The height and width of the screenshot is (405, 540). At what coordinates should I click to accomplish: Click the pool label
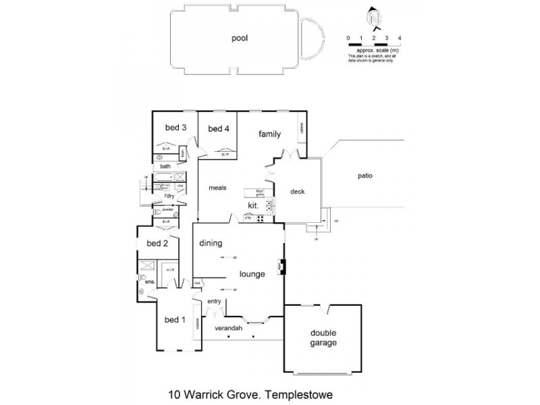tap(240, 38)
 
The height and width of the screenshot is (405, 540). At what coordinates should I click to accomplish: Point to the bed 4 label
tap(219, 129)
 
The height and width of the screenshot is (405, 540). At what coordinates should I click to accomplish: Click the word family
tap(269, 134)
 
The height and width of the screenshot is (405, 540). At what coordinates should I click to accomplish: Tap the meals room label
tap(217, 188)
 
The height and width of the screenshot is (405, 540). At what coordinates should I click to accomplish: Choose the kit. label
tap(253, 205)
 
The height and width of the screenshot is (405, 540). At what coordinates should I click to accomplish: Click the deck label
tap(298, 192)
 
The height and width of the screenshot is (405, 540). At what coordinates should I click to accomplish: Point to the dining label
tap(211, 243)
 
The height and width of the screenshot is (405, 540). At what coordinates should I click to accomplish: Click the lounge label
tap(252, 274)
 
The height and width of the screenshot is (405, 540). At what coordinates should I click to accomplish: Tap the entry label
tap(214, 301)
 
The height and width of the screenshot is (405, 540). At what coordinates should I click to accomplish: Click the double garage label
tap(323, 338)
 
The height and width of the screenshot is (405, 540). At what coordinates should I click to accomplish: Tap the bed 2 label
tap(157, 244)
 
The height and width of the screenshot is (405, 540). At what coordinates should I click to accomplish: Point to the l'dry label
tap(165, 196)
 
